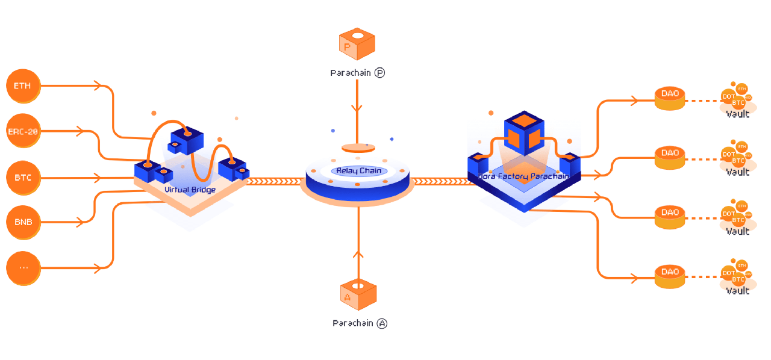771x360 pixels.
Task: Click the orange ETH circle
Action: coord(23,86)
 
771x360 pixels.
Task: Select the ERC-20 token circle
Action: coord(23,131)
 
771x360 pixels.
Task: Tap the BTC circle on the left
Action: coord(23,178)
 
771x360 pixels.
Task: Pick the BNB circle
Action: coord(23,222)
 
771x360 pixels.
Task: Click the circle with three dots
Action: coord(23,267)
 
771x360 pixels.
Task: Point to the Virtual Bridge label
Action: coord(190,190)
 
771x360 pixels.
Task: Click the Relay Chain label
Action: coord(358,171)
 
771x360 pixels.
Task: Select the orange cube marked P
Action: coord(357,44)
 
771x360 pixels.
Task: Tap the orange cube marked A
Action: coord(358,294)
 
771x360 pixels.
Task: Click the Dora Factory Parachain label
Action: coord(523,176)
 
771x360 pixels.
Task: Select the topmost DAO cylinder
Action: coord(670,98)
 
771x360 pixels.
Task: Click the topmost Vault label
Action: coord(737,114)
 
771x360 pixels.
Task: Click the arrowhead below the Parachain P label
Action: coord(357,109)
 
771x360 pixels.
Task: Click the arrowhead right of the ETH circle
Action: coord(97,86)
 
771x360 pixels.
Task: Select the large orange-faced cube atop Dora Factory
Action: coord(523,132)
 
